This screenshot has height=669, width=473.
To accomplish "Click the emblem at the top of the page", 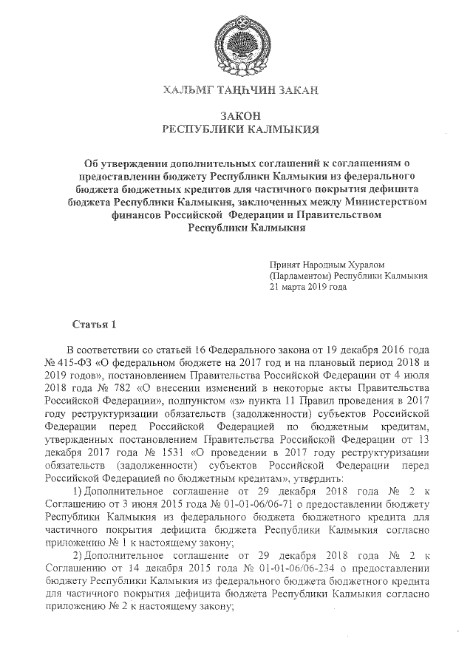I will pyautogui.click(x=240, y=44).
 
